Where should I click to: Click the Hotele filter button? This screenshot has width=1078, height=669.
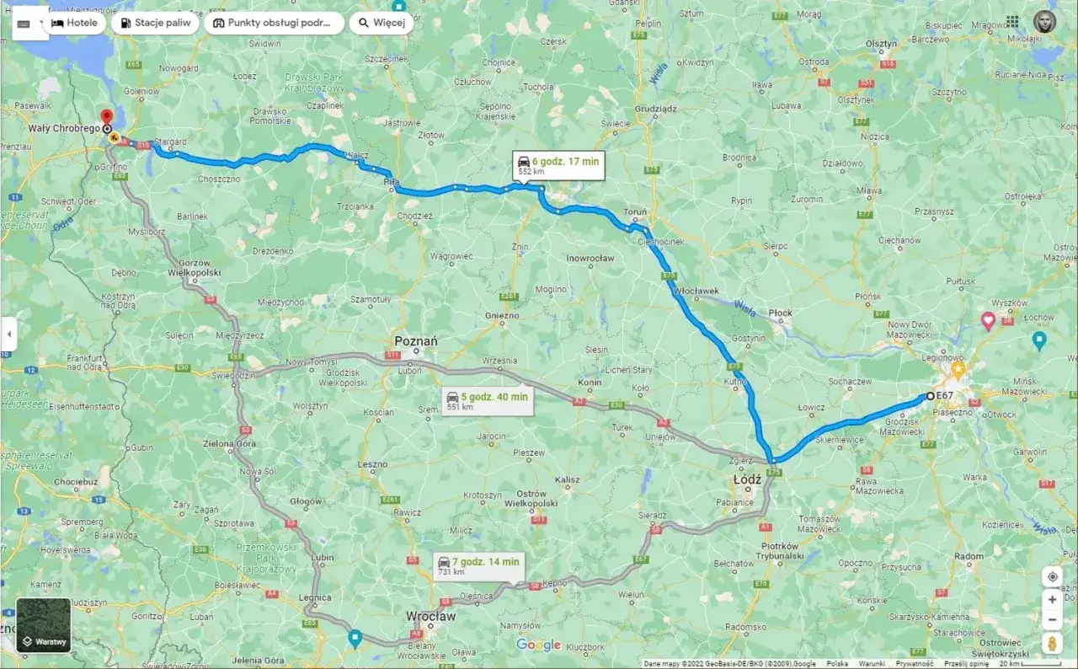coord(75,23)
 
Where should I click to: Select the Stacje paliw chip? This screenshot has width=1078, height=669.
coord(155,23)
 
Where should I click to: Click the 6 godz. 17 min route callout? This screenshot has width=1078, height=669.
coord(558,164)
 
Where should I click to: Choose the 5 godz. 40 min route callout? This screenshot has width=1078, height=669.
coord(488,400)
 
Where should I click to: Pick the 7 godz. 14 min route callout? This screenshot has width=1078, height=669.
coord(478,565)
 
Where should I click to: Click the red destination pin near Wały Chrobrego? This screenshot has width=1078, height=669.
coord(106,118)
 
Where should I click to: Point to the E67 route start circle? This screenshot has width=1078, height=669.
coord(930,395)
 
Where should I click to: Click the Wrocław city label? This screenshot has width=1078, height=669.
coord(430,617)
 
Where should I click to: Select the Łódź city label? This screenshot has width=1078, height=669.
coord(747,479)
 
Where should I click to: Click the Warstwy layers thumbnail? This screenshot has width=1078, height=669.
coord(44,625)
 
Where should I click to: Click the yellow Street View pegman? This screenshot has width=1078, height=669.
coord(1052,643)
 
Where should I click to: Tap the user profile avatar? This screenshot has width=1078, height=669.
coord(1044,22)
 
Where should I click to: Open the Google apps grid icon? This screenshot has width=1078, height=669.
coord(1012,22)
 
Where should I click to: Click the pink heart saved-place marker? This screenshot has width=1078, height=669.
coord(988,320)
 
